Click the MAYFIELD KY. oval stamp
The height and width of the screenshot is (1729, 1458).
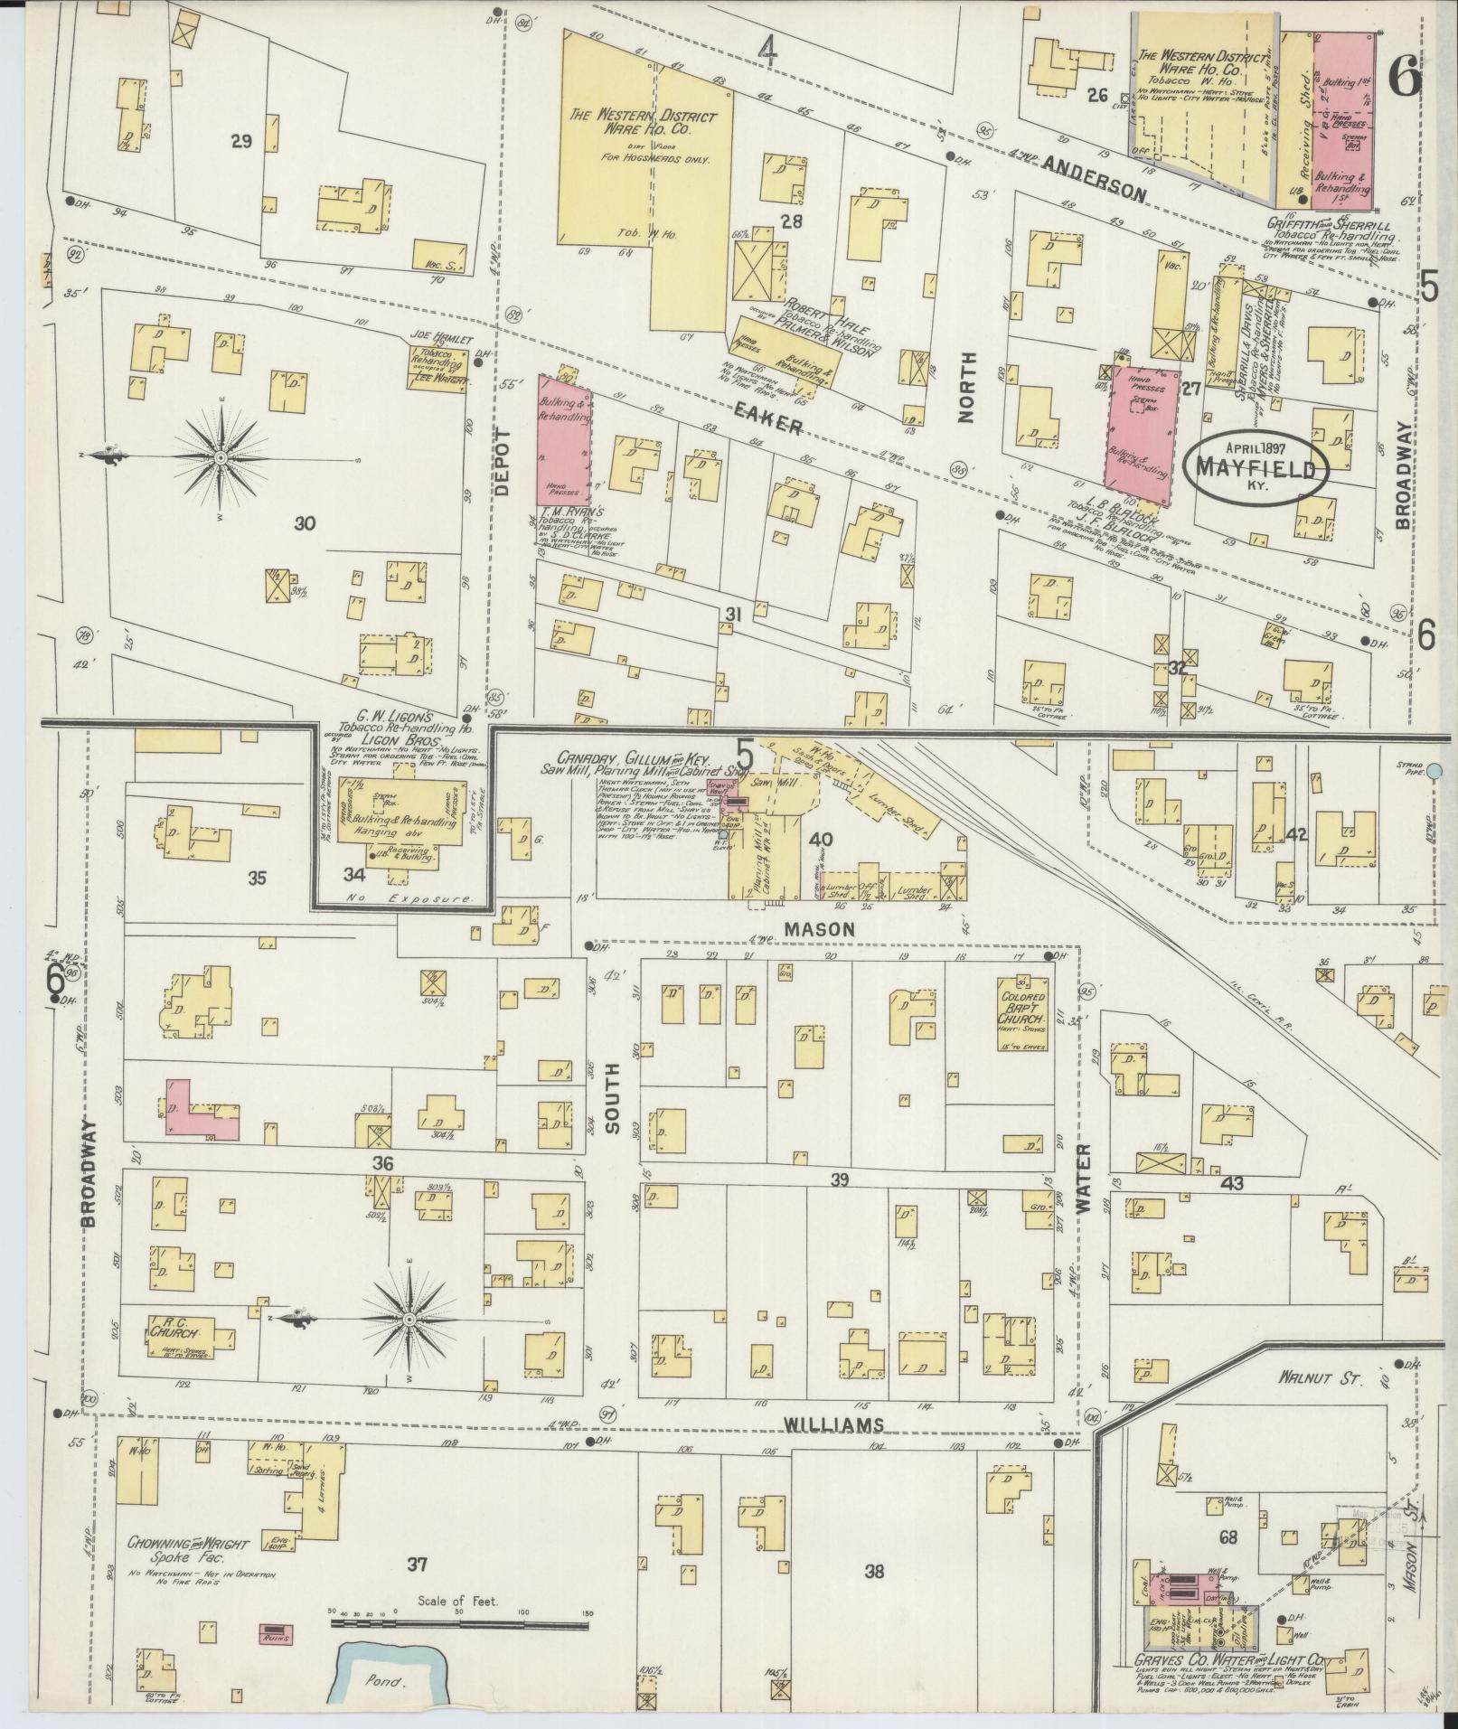(1256, 465)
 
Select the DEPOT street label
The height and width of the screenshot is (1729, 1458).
(503, 461)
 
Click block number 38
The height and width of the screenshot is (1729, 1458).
(873, 1571)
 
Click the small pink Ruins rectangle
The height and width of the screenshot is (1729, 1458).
(275, 1635)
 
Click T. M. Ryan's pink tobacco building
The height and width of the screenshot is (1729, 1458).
(565, 439)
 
